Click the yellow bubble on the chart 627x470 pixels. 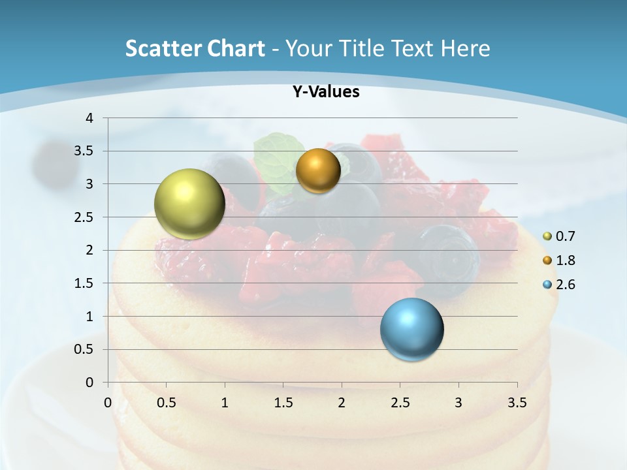pyautogui.click(x=189, y=204)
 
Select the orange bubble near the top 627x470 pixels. pyautogui.click(x=318, y=170)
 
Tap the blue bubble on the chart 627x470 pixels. pyautogui.click(x=411, y=329)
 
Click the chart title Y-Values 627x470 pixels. pyautogui.click(x=325, y=92)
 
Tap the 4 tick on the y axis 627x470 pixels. pyautogui.click(x=89, y=118)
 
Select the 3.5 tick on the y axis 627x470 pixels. pyautogui.click(x=86, y=151)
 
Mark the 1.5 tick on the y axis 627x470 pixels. pyautogui.click(x=86, y=283)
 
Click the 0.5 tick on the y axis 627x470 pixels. pyautogui.click(x=86, y=349)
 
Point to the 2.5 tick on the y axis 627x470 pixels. pyautogui.click(x=86, y=217)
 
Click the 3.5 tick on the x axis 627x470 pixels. pyautogui.click(x=517, y=403)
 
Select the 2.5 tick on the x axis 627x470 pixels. pyautogui.click(x=400, y=403)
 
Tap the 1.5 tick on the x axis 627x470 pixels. pyautogui.click(x=283, y=403)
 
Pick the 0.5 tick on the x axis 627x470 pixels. pyautogui.click(x=167, y=403)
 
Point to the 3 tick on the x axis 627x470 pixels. pyautogui.click(x=458, y=403)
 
